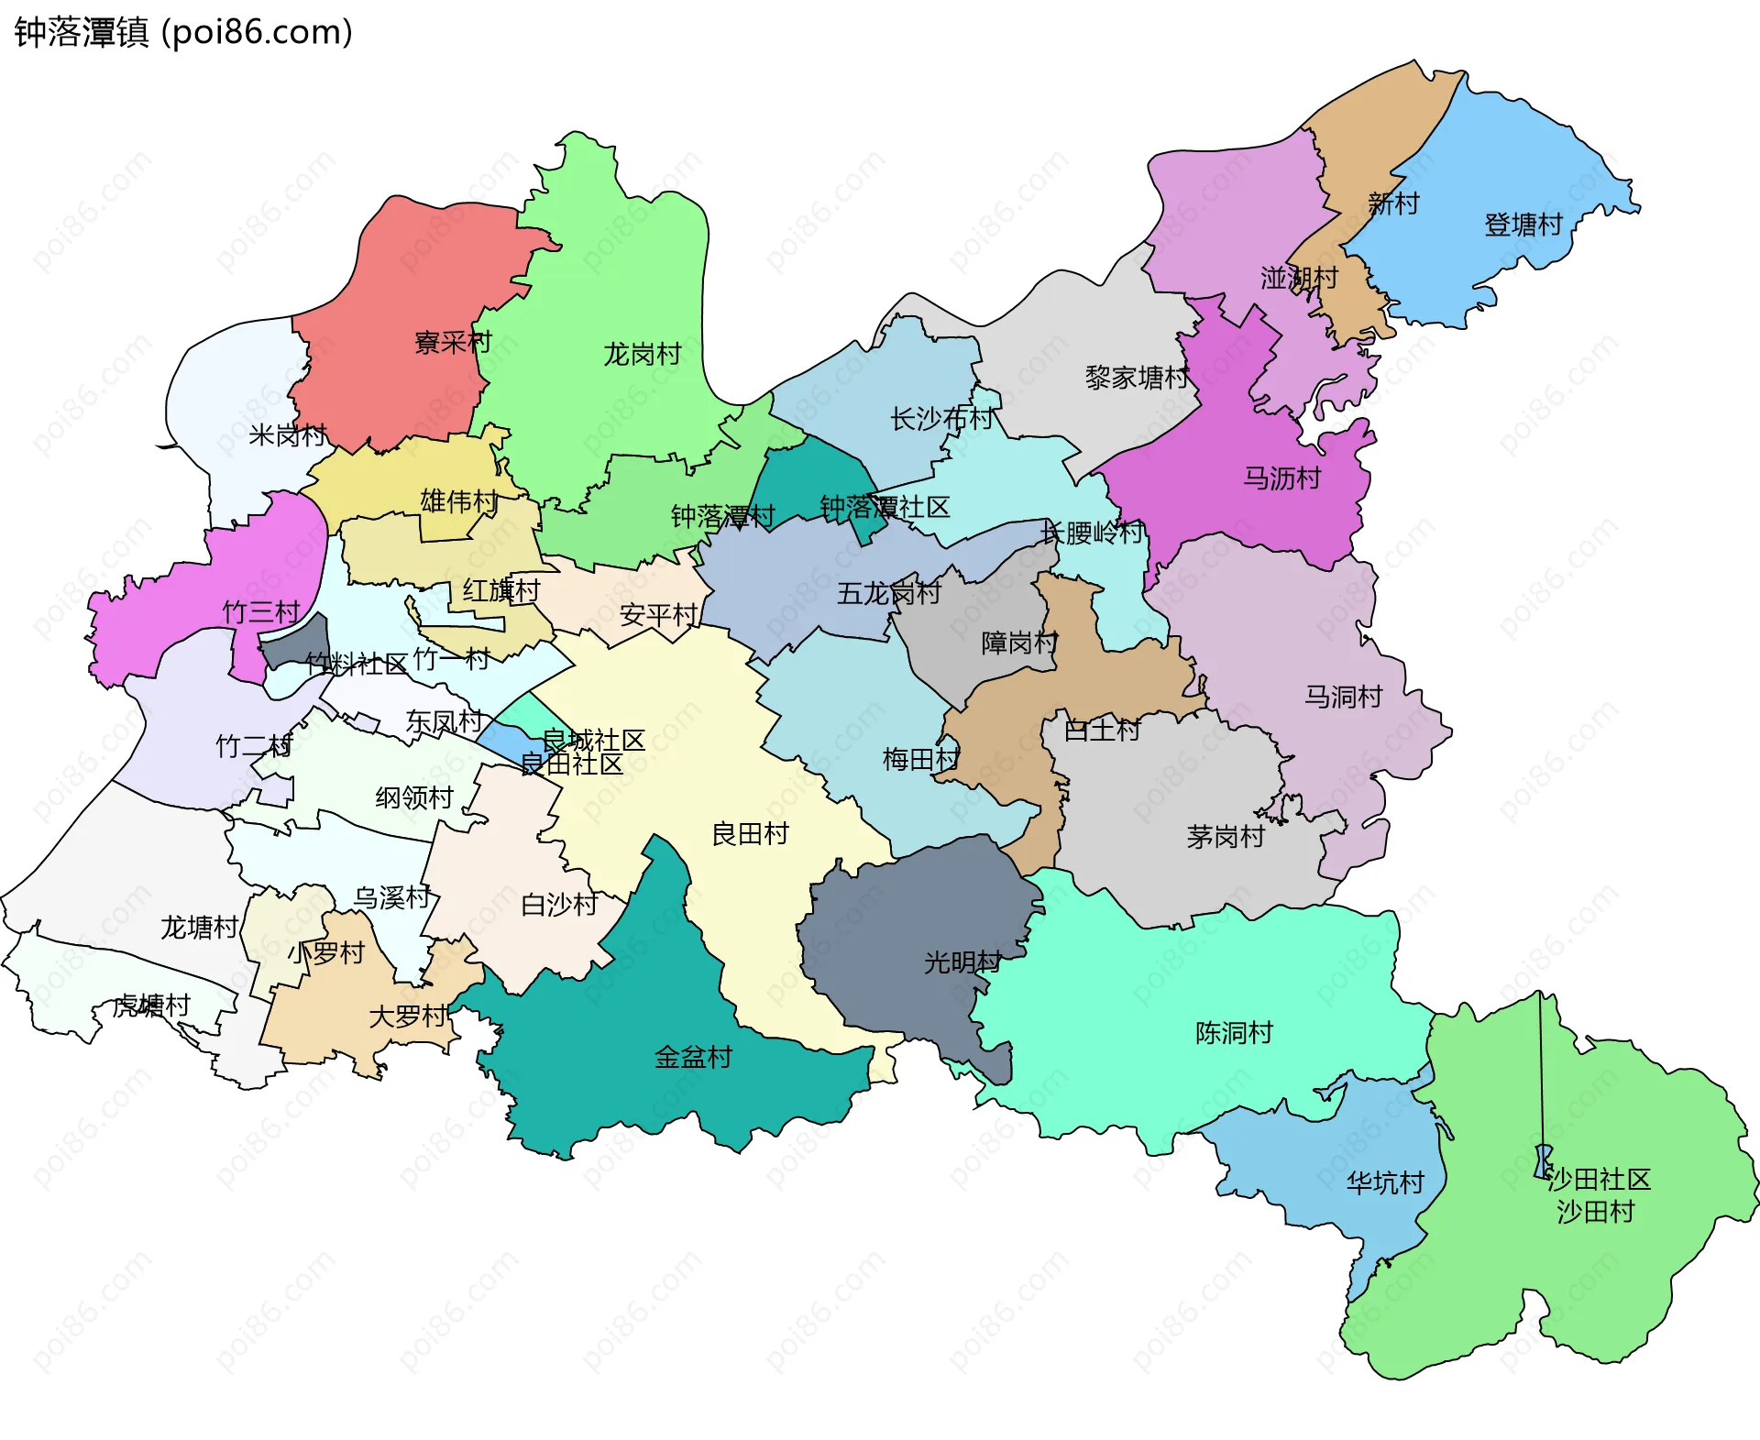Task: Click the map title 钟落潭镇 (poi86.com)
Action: click(183, 33)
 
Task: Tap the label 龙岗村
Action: click(642, 354)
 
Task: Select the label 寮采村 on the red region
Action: click(453, 343)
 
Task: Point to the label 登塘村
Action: click(1523, 225)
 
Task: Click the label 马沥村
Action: click(1281, 478)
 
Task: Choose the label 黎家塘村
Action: click(1137, 377)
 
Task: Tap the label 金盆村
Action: click(693, 1057)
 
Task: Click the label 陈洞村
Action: click(1234, 1032)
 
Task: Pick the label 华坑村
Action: click(1385, 1182)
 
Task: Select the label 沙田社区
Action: click(1599, 1179)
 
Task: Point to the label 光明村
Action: click(962, 962)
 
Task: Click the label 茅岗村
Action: click(1226, 836)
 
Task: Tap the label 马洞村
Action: click(1343, 697)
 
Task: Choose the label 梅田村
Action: click(920, 759)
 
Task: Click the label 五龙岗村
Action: click(888, 593)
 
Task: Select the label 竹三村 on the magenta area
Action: click(261, 611)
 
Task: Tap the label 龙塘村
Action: click(199, 928)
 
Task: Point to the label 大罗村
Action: click(408, 1016)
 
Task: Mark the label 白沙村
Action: click(559, 905)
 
